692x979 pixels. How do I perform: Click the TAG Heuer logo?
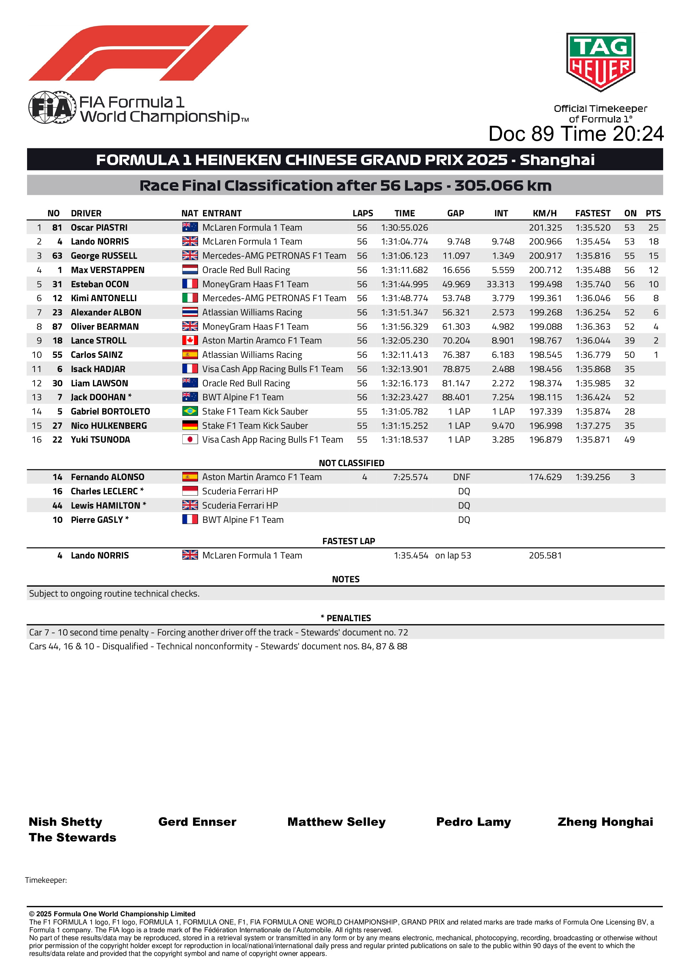click(x=600, y=62)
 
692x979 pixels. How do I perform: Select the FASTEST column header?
click(x=592, y=213)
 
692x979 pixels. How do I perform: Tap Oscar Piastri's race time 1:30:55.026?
click(x=404, y=228)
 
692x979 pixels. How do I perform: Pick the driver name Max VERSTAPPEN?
click(x=108, y=270)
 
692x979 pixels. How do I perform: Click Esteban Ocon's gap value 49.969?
click(x=456, y=284)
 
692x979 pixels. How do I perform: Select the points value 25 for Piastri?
click(x=653, y=228)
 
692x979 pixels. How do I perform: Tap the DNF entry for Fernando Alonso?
click(x=462, y=477)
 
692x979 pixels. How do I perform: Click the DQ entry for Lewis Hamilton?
click(x=464, y=506)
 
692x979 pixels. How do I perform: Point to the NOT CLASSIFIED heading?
click(x=351, y=463)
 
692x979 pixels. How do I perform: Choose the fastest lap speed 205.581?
click(x=545, y=556)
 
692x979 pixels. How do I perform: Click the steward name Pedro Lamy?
click(x=473, y=822)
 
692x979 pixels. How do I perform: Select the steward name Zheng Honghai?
click(x=605, y=822)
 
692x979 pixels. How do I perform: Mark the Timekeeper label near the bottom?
click(x=46, y=881)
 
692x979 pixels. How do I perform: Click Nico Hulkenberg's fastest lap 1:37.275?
click(x=592, y=426)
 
